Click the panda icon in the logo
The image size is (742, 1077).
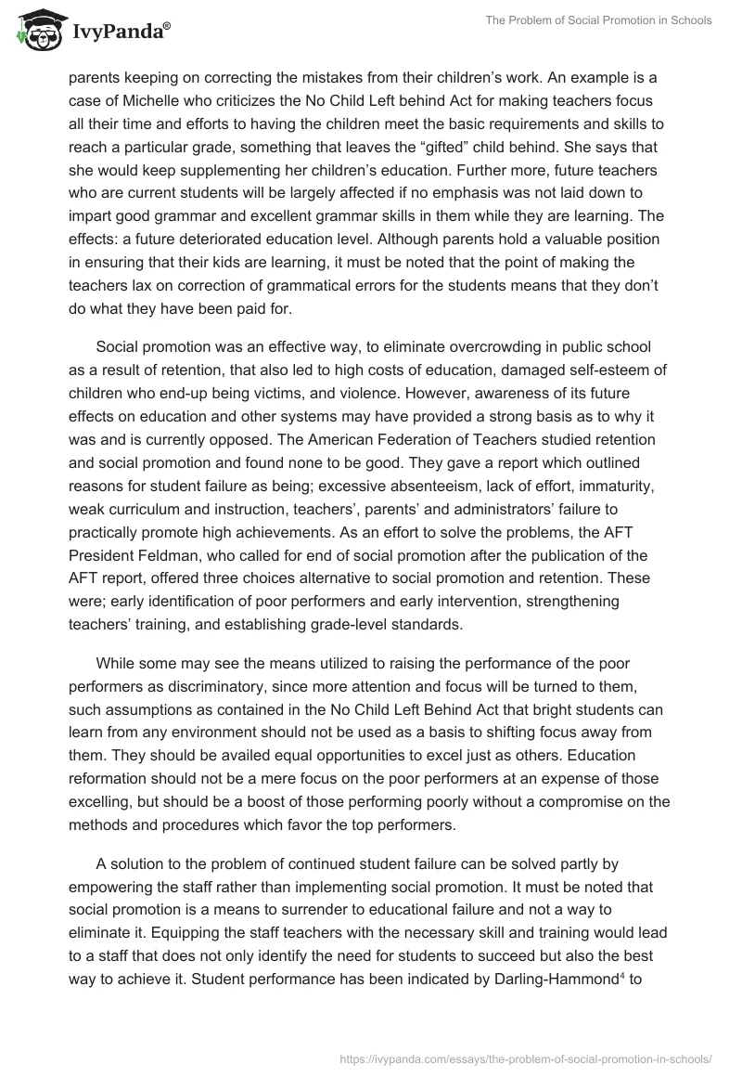click(x=37, y=31)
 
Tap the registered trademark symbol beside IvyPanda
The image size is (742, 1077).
click(x=167, y=26)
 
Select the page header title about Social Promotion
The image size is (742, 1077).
click(x=599, y=20)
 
